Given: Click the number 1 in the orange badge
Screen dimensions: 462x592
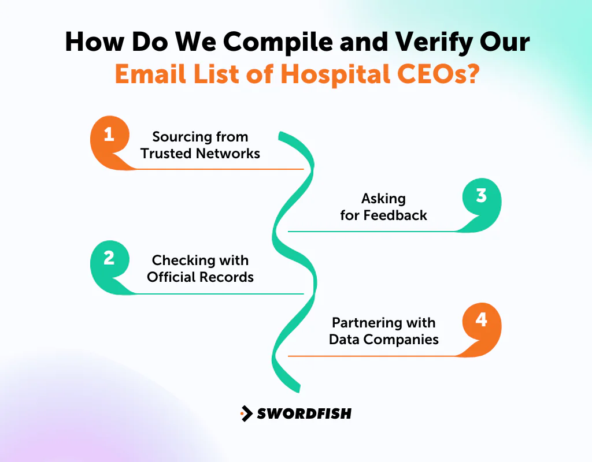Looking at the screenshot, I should pos(109,135).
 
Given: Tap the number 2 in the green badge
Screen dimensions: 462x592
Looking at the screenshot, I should pos(109,258).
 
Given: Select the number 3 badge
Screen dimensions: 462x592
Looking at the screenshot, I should pos(482,196).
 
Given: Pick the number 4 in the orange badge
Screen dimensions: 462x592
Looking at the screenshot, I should pos(482,320).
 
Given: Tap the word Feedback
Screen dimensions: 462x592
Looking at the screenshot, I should pos(395,215).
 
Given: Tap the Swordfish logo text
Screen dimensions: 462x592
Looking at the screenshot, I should pos(304,413).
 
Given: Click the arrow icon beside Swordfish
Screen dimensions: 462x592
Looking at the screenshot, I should pos(247,413).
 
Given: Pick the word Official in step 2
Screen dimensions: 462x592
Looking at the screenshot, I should pos(169,277).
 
